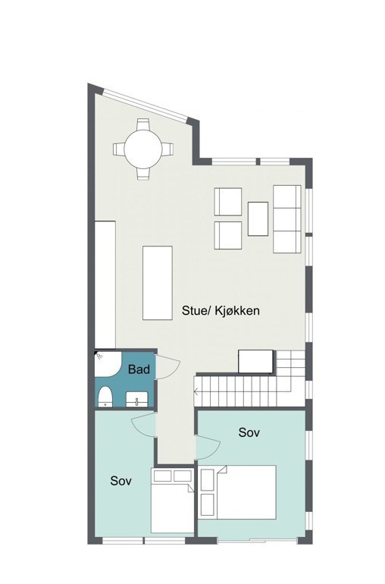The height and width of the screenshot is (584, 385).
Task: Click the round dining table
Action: point(143,149)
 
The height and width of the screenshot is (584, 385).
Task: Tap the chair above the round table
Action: point(143,124)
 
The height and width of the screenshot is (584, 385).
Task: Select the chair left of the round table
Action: point(119,149)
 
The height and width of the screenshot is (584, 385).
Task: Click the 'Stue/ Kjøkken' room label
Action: point(221,311)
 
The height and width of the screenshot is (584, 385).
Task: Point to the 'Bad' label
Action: point(139,369)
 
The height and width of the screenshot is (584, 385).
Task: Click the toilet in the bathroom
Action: point(105,397)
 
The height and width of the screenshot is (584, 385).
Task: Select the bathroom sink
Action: point(136,399)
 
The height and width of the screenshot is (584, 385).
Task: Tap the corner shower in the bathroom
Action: point(106,364)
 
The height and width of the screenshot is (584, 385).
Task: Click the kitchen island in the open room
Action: point(158,283)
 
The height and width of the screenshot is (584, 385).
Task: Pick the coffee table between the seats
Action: point(258,218)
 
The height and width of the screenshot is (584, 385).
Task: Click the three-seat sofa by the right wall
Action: point(287,219)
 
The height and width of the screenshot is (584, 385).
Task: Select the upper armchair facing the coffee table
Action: point(228,202)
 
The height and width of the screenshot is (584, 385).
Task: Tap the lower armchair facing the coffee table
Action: point(228,235)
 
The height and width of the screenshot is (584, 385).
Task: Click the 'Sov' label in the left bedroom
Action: point(121,481)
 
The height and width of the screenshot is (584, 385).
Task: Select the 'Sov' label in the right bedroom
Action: point(249,432)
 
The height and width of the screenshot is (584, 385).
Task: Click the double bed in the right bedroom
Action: point(238,492)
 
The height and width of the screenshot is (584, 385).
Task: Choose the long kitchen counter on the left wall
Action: point(105,284)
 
